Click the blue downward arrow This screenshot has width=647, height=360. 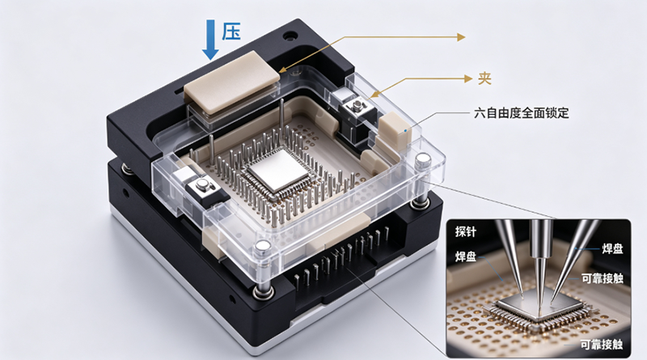(x=210, y=40)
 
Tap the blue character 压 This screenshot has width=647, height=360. (x=231, y=32)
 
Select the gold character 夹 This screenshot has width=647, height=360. (x=484, y=78)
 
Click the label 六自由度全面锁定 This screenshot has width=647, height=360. (x=522, y=112)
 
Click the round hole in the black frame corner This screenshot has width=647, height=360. (x=290, y=36)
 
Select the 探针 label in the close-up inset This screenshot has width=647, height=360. (x=466, y=231)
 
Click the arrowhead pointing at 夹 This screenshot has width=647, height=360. (x=468, y=78)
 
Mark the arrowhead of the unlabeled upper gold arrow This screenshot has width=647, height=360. (x=461, y=36)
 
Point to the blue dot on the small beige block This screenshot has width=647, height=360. (x=405, y=131)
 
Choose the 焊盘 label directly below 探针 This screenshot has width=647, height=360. (x=466, y=256)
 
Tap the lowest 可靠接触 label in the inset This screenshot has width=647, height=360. (x=601, y=344)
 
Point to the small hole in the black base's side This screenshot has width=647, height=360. (x=125, y=193)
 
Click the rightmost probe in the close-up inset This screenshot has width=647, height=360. (x=573, y=261)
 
